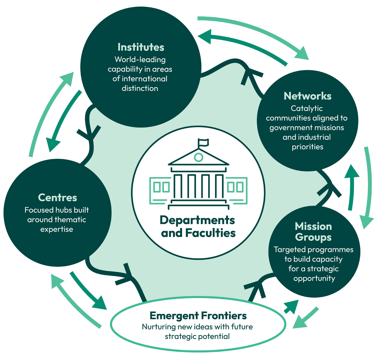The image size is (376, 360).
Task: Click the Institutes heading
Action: coord(141,47)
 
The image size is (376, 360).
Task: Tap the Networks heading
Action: coord(308,96)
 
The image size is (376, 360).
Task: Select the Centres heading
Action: coord(57,198)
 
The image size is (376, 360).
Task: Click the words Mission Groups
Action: coord(313,232)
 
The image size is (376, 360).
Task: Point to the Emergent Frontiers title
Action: coord(198,316)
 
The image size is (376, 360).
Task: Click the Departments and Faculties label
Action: coord(198,227)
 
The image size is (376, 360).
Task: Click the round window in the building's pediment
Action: coord(198,157)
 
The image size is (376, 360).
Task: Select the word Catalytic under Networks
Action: coord(307,109)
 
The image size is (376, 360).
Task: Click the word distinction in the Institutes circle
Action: coord(140,88)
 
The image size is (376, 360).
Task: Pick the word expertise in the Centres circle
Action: coord(57,229)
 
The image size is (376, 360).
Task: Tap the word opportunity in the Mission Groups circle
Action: coord(314,278)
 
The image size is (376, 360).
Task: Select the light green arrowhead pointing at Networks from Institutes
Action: coord(302,54)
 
